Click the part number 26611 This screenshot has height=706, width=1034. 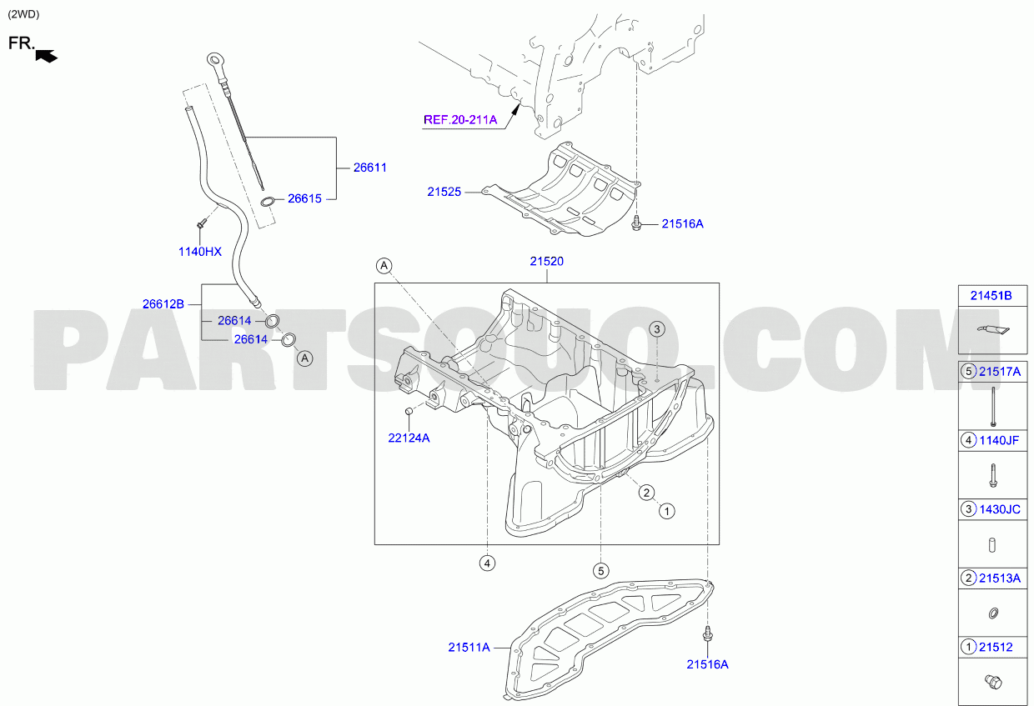coord(369,168)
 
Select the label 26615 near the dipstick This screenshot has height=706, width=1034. coord(304,198)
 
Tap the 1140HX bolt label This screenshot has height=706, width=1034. coord(200,252)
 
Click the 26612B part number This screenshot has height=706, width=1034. coord(163,304)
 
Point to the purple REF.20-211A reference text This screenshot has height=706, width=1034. coord(460,120)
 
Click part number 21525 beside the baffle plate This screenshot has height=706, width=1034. coord(444,192)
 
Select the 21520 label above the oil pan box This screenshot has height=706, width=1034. coord(546,261)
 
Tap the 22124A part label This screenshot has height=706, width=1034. coord(409,438)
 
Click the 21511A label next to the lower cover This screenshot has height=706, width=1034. coord(469,648)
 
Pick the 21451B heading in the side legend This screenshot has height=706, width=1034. coord(991,295)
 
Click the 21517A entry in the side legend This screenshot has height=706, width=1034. coord(999,372)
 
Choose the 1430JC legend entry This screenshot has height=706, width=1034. coord(999,509)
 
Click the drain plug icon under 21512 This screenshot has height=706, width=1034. coord(993,681)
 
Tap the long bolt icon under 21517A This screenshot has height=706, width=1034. coord(993,406)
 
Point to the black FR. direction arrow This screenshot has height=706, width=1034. coord(46,57)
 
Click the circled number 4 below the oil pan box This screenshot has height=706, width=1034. coord(487,563)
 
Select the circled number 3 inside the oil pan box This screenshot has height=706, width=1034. coord(657,329)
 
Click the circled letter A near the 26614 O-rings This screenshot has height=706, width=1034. coord(304,358)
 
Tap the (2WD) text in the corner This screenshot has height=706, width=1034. coord(23,14)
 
